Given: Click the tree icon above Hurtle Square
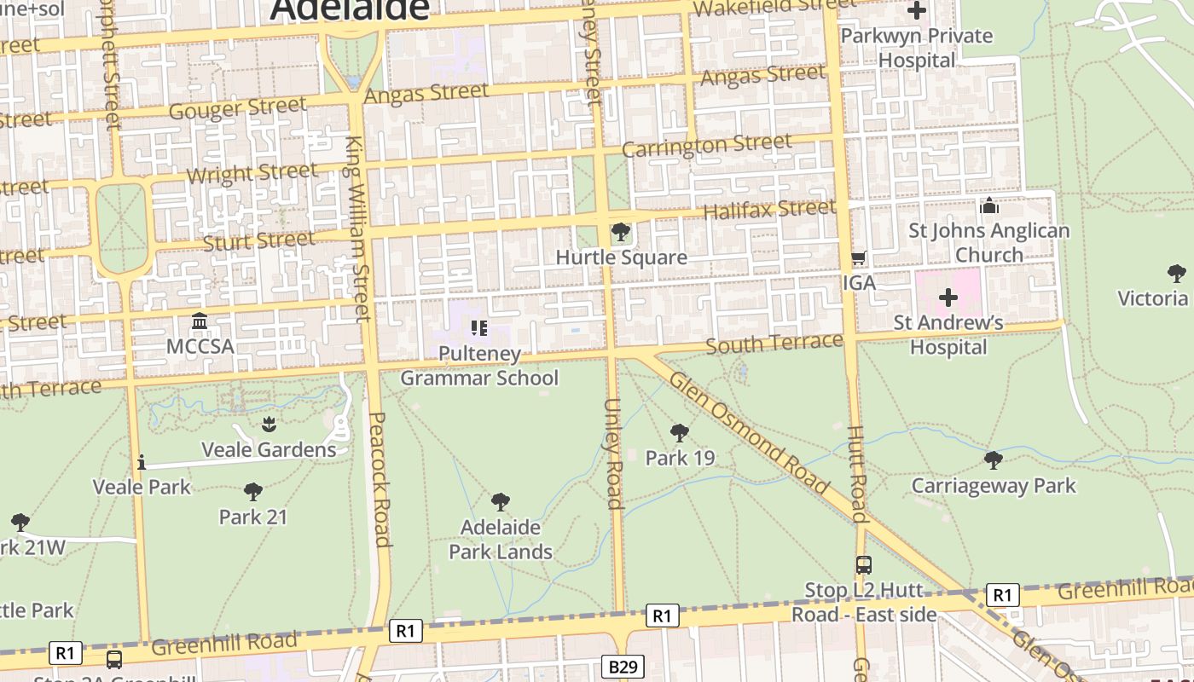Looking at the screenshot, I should pyautogui.click(x=621, y=232).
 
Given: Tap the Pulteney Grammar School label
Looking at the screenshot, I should pyautogui.click(x=479, y=366).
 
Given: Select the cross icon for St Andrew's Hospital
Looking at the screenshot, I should pyautogui.click(x=948, y=298).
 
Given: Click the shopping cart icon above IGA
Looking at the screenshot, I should pyautogui.click(x=859, y=257).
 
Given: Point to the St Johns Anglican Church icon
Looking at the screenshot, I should pyautogui.click(x=989, y=205).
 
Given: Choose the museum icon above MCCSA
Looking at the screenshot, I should pyautogui.click(x=200, y=321).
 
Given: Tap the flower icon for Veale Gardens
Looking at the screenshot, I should pyautogui.click(x=269, y=424).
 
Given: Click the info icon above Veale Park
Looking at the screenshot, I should pyautogui.click(x=142, y=462).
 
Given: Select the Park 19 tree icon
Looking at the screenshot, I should pyautogui.click(x=679, y=433).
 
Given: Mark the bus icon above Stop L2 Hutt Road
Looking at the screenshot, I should pyautogui.click(x=864, y=564).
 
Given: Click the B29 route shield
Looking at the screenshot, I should pyautogui.click(x=623, y=667).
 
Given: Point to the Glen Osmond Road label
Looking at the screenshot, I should pyautogui.click(x=749, y=433).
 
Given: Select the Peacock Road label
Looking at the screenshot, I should pyautogui.click(x=380, y=479).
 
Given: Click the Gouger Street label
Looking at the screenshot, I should pyautogui.click(x=237, y=108).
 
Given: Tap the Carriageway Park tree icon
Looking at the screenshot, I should pyautogui.click(x=993, y=460).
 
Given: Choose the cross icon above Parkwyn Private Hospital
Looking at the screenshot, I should pyautogui.click(x=917, y=11).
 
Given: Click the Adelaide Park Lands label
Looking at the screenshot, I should pyautogui.click(x=501, y=540).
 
